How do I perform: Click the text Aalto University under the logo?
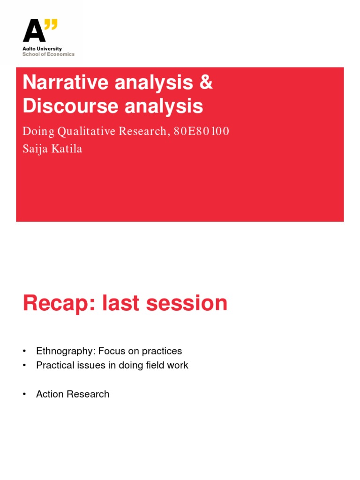(42, 49)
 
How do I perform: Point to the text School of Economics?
(48, 54)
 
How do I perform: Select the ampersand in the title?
(205, 83)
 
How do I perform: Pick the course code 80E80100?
(202, 131)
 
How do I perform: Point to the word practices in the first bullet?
(163, 351)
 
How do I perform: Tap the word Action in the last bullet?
(49, 394)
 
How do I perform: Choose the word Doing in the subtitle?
(37, 131)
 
